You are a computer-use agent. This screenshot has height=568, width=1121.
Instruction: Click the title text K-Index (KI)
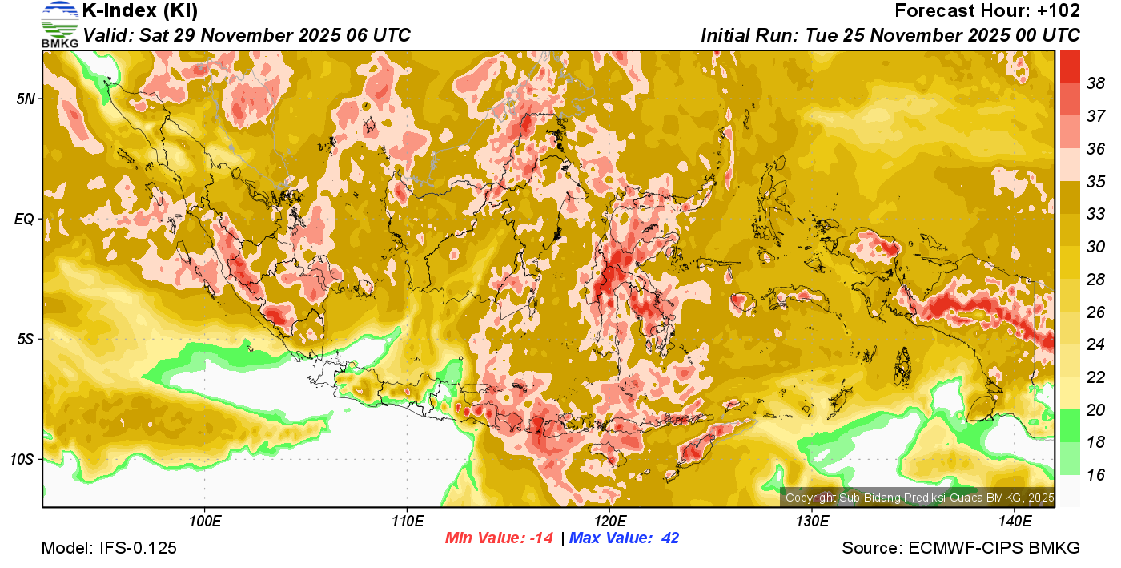point(140,11)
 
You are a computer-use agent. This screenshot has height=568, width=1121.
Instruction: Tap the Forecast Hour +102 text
point(987,11)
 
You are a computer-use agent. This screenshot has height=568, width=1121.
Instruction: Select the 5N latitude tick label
point(26,99)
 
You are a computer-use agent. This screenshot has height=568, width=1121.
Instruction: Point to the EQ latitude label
point(25,219)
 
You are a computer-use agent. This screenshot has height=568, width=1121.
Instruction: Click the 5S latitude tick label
point(26,339)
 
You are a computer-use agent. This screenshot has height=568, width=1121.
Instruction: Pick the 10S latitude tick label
point(22,459)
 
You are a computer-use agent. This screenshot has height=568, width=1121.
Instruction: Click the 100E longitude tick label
point(204,522)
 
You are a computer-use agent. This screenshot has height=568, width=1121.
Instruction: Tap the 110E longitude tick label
point(407,522)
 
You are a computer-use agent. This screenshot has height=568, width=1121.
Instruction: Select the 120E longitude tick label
point(609,522)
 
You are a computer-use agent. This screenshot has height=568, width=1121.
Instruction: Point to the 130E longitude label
point(812,522)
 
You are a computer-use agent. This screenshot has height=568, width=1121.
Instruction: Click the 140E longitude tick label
point(1015,522)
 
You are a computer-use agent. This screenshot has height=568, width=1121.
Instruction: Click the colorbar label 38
point(1095,83)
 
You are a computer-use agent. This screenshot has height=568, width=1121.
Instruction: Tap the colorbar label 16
point(1095,475)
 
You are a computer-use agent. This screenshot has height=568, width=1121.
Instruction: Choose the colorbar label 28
point(1095,280)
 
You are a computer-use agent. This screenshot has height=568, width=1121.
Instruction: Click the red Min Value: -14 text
point(500,538)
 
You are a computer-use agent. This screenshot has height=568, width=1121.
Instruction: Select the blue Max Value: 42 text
point(624,538)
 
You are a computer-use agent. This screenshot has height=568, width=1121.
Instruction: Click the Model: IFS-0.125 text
point(109,548)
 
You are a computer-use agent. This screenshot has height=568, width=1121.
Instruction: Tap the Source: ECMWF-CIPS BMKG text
point(961,548)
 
